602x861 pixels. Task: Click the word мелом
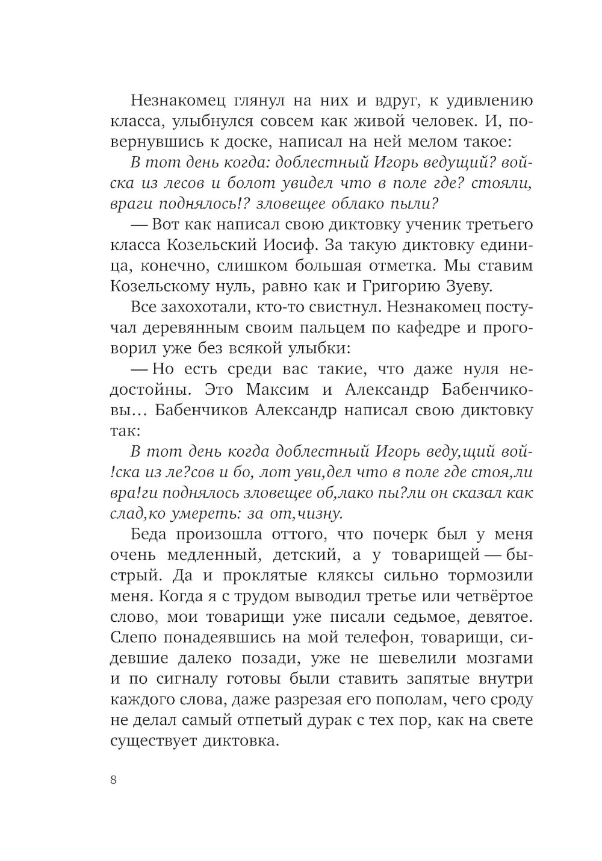414,143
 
